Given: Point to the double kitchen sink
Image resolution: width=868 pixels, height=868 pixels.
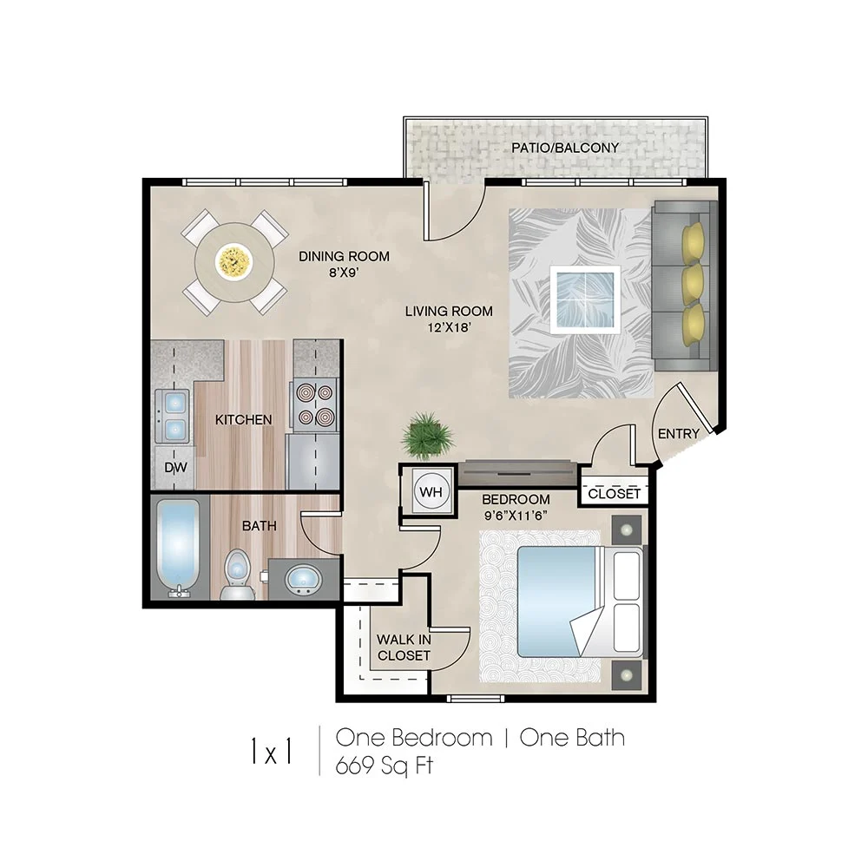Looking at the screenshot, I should pos(174,416).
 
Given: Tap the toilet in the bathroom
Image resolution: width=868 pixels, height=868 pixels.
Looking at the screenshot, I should pos(237,576).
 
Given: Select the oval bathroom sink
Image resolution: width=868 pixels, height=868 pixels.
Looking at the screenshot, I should pos(302,578).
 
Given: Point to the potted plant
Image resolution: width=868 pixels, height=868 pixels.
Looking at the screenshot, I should pos(426,434).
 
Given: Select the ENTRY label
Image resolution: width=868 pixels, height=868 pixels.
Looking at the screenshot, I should pos(679,434).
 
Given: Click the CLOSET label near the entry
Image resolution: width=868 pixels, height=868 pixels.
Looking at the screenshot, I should pos(614,494).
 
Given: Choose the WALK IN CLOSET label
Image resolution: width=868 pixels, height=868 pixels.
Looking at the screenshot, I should pos(404,648).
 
